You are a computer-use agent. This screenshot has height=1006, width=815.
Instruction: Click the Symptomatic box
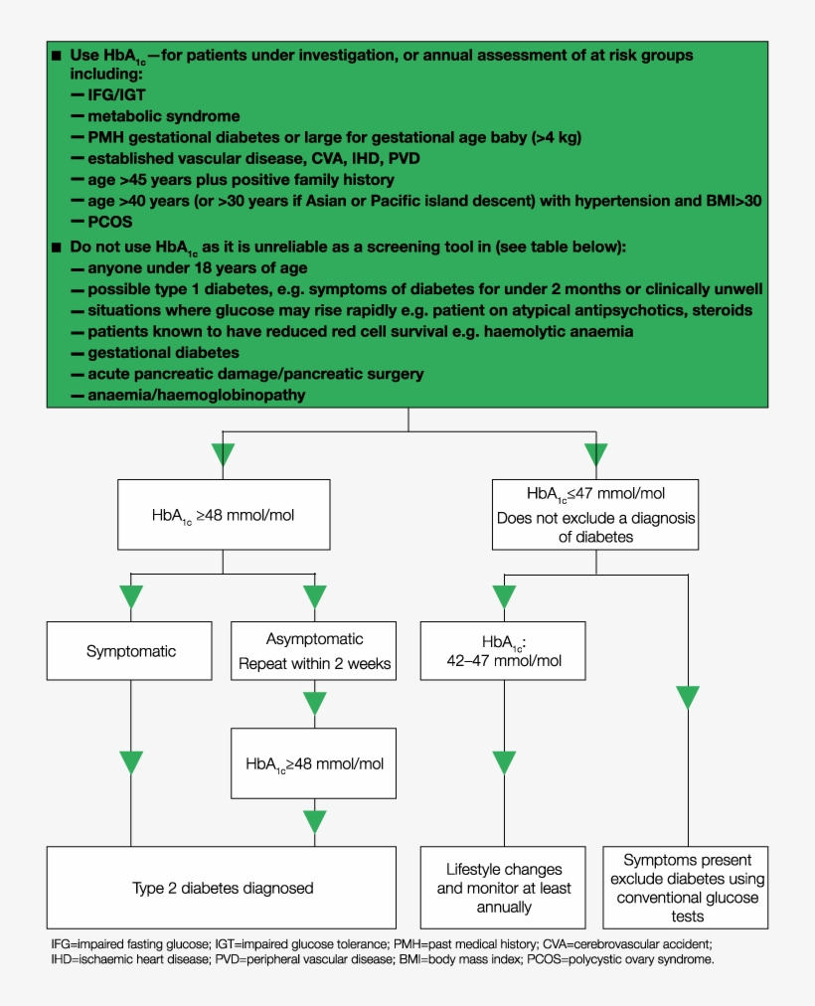pos(130,652)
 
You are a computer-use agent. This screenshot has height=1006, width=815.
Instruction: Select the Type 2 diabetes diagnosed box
pos(223,888)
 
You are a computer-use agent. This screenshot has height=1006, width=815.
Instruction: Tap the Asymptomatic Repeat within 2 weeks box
pos(314,652)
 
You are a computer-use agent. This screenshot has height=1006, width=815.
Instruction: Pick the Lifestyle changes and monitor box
pos(504,888)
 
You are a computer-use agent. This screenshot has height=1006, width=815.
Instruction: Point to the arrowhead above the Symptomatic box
pos(131,597)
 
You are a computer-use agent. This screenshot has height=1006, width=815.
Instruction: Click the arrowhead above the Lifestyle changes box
pos(504,762)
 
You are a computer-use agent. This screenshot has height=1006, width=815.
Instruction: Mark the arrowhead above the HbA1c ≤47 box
pos(595,455)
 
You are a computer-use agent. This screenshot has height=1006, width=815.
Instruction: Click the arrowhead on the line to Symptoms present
pos(687,698)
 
